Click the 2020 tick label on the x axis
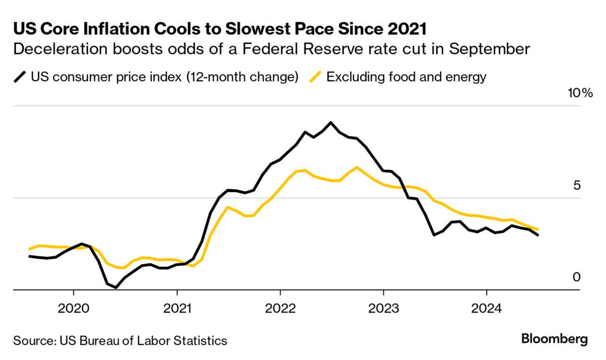coord(73,309)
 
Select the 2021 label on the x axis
coord(177,309)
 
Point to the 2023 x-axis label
coord(383,309)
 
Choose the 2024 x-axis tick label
coord(486,309)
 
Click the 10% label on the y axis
coord(581,93)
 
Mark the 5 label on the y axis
coord(576,185)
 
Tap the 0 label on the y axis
coord(576,277)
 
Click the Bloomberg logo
coord(555,339)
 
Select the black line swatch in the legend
coord(20,77)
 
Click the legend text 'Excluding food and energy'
coord(406,77)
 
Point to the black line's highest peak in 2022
coord(331,122)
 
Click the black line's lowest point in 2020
coord(116,287)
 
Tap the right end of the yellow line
coord(537,229)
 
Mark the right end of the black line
coord(537,235)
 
